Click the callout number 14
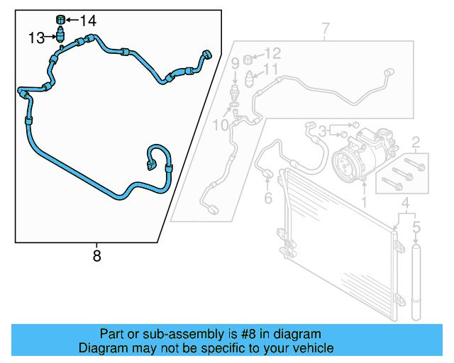pyautogui.click(x=88, y=21)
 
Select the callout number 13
pyautogui.click(x=36, y=38)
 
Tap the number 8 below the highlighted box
pyautogui.click(x=96, y=256)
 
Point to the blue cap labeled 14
pyautogui.click(x=60, y=20)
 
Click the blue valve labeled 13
pyautogui.click(x=60, y=34)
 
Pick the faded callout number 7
pyautogui.click(x=326, y=28)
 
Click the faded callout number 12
pyautogui.click(x=272, y=53)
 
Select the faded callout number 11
pyautogui.click(x=270, y=69)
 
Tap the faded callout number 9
pyautogui.click(x=235, y=63)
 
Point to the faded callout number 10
pyautogui.click(x=221, y=125)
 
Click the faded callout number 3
pyautogui.click(x=322, y=131)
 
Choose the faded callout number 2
pyautogui.click(x=416, y=143)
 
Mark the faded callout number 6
pyautogui.click(x=268, y=198)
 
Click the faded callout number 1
pyautogui.click(x=364, y=202)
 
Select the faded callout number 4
pyautogui.click(x=406, y=203)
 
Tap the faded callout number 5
pyautogui.click(x=416, y=227)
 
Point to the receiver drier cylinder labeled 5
pyautogui.click(x=416, y=282)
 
